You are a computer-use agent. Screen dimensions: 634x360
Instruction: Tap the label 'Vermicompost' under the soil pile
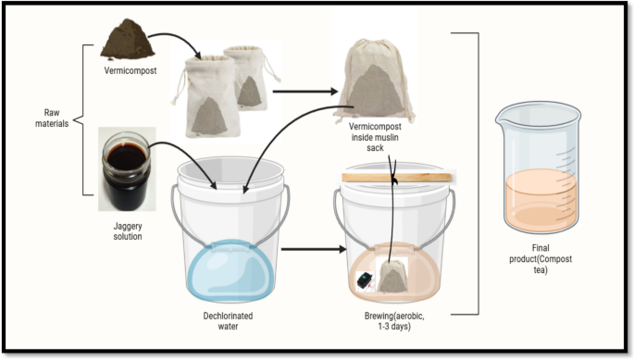click(x=131, y=70)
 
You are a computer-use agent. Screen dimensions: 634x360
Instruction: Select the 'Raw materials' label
click(x=52, y=118)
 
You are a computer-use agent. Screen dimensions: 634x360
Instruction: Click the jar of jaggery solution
click(x=127, y=170)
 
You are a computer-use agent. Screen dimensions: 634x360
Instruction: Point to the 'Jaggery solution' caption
click(x=128, y=231)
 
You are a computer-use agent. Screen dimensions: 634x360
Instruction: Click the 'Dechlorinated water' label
click(x=228, y=321)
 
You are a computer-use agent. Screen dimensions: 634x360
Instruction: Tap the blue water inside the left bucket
click(x=230, y=270)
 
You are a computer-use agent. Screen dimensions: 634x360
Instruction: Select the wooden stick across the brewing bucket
click(x=396, y=177)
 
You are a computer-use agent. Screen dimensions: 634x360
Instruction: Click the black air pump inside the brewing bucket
click(x=365, y=281)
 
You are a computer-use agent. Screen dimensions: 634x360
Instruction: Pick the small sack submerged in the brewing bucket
click(x=392, y=277)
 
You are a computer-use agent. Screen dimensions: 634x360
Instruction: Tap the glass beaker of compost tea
click(x=539, y=168)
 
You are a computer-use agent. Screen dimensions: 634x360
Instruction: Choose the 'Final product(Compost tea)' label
click(x=541, y=258)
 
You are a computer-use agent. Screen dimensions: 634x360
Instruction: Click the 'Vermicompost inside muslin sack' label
click(x=375, y=137)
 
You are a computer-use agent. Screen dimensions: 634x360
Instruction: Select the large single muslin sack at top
click(x=375, y=80)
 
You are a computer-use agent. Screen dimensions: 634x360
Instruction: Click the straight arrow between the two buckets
click(x=314, y=249)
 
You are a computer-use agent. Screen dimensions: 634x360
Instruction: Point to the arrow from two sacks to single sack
click(x=305, y=92)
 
